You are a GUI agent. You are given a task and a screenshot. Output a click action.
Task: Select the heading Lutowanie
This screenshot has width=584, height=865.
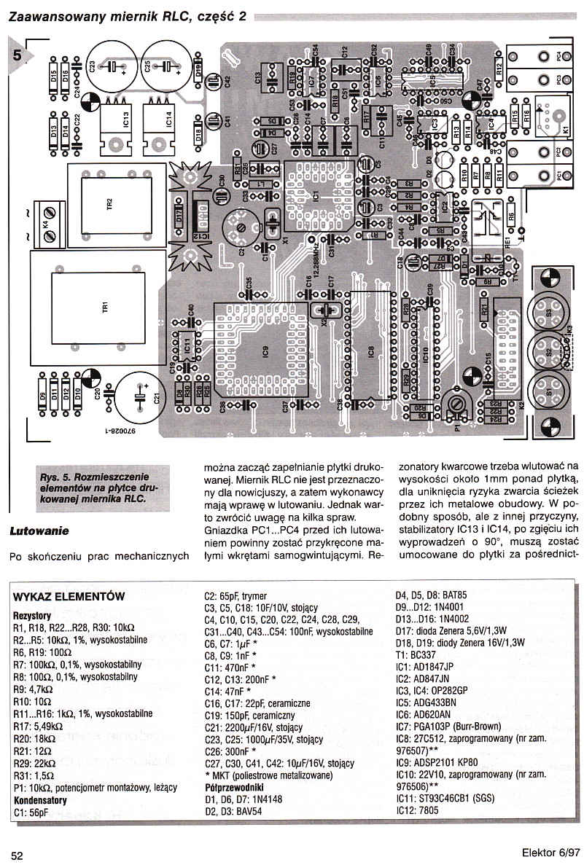(39, 531)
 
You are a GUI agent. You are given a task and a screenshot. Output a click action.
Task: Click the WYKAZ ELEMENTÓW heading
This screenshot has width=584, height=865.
(69, 596)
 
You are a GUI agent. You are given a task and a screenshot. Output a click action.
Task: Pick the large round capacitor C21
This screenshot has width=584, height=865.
(143, 398)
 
